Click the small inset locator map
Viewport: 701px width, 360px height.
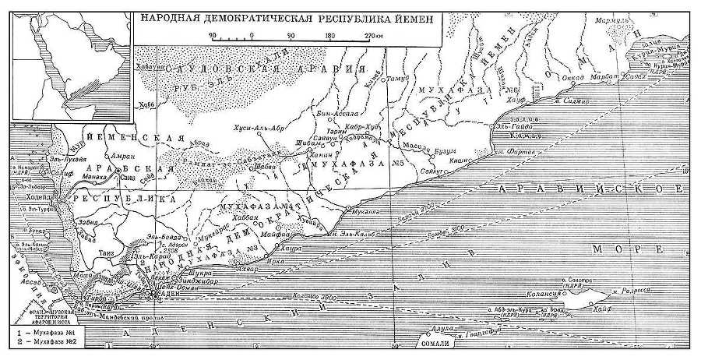pyautogui.click(x=69, y=58)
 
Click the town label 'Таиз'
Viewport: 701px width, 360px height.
pyautogui.click(x=107, y=253)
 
